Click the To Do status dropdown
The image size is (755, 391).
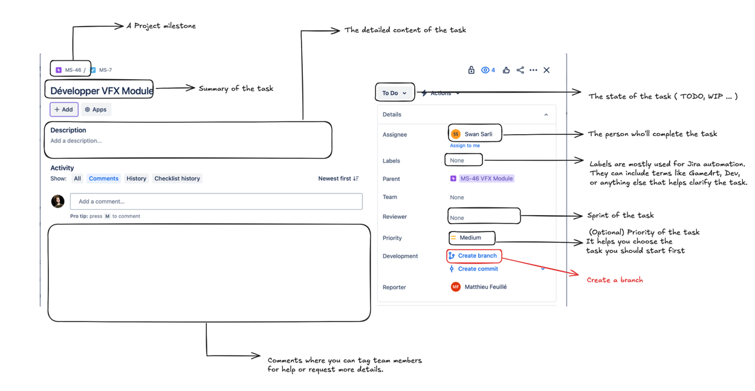394,93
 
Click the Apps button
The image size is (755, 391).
96,109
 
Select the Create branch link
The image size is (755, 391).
476,256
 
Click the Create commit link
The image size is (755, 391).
478,269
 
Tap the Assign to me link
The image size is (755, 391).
464,146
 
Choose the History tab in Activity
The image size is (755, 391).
136,179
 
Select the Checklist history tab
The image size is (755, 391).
177,179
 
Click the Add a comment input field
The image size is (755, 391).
216,201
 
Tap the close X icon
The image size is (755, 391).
546,70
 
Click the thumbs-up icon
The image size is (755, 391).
506,70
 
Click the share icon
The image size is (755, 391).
520,70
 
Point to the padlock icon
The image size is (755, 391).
471,70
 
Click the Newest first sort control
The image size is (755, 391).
338,179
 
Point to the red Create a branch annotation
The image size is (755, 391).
614,280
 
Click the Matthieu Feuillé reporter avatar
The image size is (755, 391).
455,287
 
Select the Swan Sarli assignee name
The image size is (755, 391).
478,134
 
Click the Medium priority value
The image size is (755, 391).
470,238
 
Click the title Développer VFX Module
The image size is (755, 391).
101,91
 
